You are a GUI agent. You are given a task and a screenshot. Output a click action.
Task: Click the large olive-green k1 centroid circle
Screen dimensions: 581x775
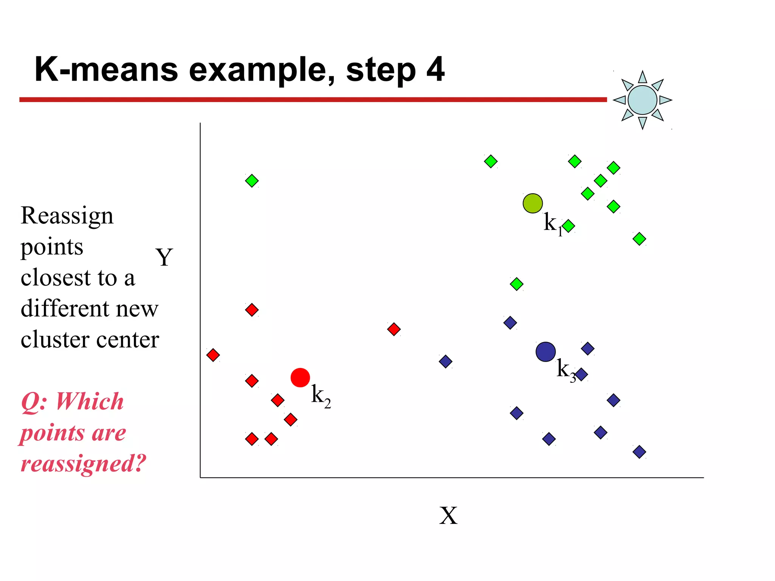(532, 204)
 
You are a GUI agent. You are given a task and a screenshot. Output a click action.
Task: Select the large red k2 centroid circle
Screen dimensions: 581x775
(300, 377)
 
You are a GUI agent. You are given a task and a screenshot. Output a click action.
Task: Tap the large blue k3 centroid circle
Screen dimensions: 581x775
(545, 352)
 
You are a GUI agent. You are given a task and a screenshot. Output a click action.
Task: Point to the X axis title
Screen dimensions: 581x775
(448, 515)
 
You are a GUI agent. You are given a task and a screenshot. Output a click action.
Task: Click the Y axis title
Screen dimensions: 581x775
(164, 257)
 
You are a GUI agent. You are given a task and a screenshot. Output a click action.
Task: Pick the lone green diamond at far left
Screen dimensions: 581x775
(252, 181)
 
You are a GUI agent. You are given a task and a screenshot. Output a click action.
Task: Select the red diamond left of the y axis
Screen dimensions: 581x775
(213, 355)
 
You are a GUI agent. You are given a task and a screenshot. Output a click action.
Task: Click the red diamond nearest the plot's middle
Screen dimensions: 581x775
(394, 329)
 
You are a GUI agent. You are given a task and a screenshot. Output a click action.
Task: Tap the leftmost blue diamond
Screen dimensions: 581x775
(445, 361)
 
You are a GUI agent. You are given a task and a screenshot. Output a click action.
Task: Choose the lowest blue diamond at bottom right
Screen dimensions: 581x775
(639, 452)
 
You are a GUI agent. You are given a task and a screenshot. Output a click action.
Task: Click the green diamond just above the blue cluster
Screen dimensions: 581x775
(517, 284)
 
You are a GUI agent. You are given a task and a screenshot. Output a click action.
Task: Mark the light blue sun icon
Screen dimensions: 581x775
(642, 100)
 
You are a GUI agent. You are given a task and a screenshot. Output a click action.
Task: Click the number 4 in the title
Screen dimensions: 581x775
(435, 69)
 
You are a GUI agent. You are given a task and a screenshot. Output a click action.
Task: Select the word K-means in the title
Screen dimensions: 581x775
(106, 69)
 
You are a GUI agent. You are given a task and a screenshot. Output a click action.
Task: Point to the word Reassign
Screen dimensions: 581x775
(67, 216)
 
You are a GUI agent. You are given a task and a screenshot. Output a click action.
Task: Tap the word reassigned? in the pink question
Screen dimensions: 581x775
(83, 463)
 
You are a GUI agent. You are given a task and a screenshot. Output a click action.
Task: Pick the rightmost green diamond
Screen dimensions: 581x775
(639, 239)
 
